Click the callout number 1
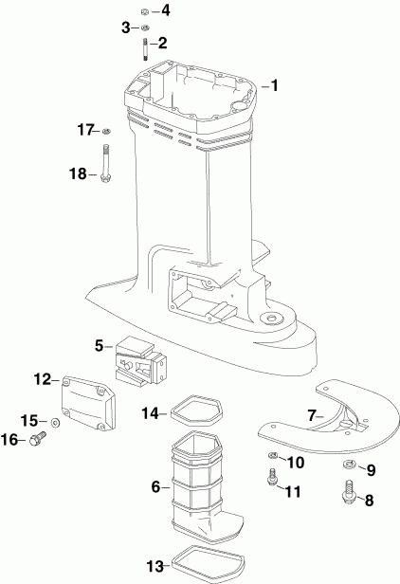click(275, 86)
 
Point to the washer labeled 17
click(105, 130)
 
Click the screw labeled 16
click(38, 438)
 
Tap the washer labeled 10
click(273, 460)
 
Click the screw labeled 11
click(272, 483)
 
